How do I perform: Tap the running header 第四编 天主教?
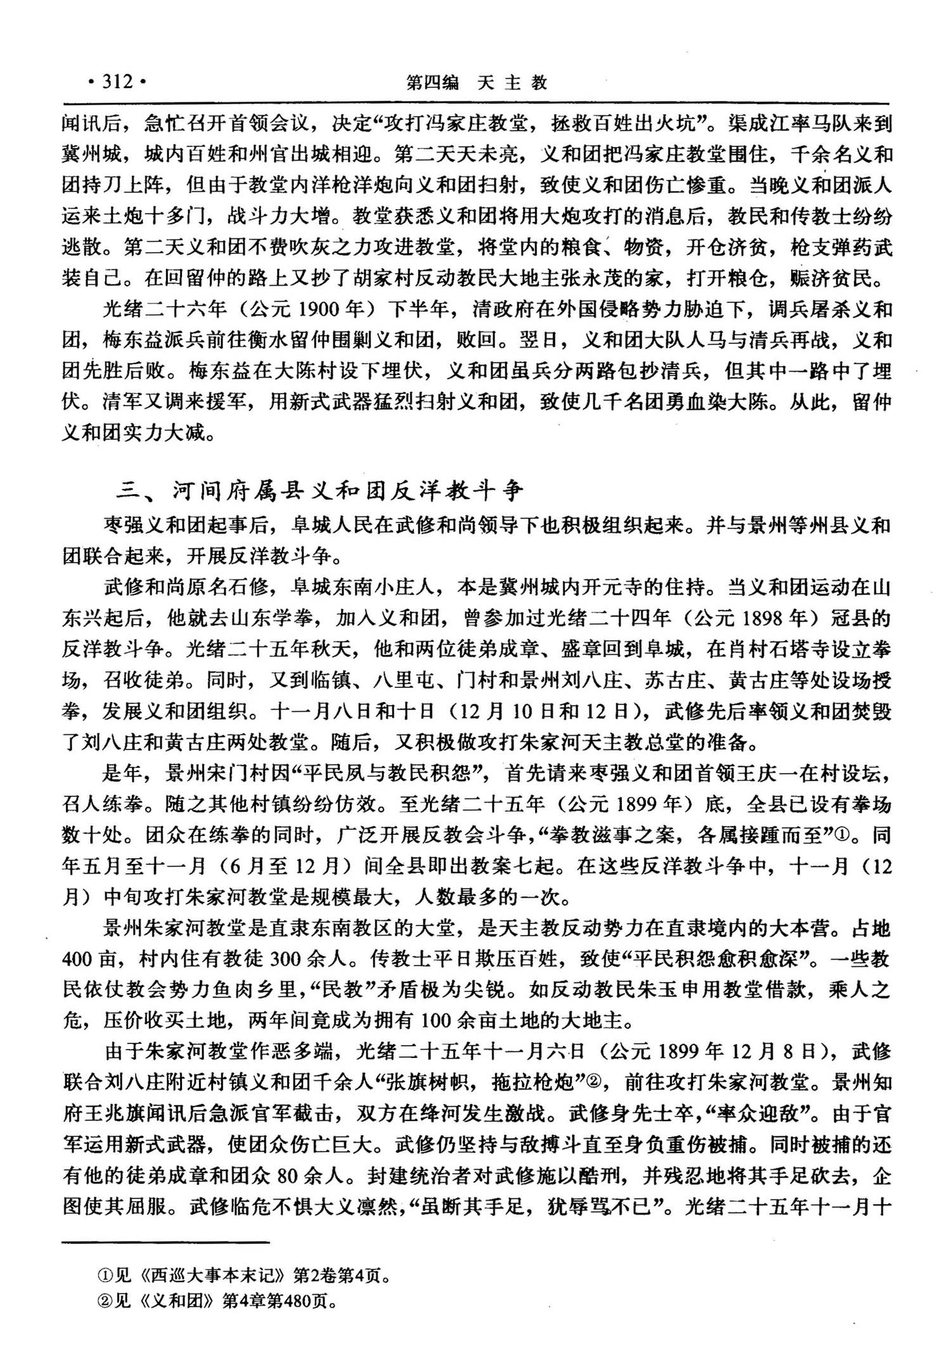[476, 83]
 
